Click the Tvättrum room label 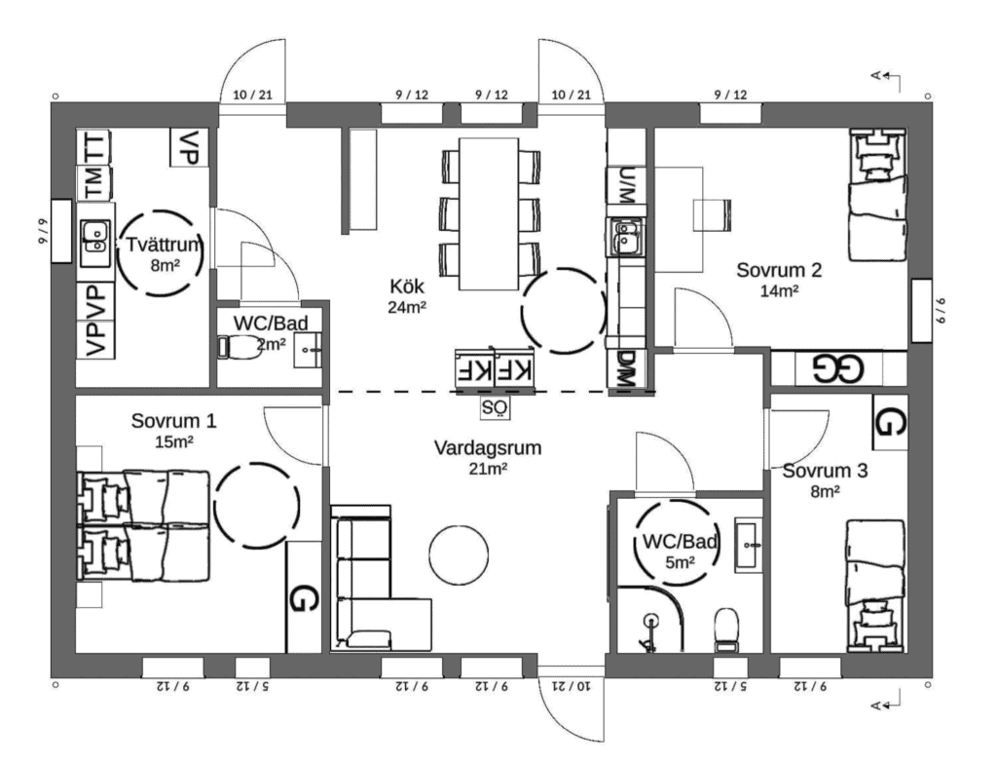163,245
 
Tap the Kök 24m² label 407,296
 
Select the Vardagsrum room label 488,447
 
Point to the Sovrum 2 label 779,270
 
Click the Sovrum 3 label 825,471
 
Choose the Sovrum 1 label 173,421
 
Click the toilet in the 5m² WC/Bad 725,629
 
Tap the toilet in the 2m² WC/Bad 240,347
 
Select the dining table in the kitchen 489,213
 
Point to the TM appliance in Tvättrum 94,182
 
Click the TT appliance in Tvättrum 94,146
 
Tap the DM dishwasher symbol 626,369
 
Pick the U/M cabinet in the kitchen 626,185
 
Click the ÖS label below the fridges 496,407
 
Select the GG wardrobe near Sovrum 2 838,368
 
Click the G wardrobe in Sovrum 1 304,597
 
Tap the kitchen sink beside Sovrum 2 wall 626,237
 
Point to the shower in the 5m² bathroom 649,620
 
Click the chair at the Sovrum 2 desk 712,215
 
